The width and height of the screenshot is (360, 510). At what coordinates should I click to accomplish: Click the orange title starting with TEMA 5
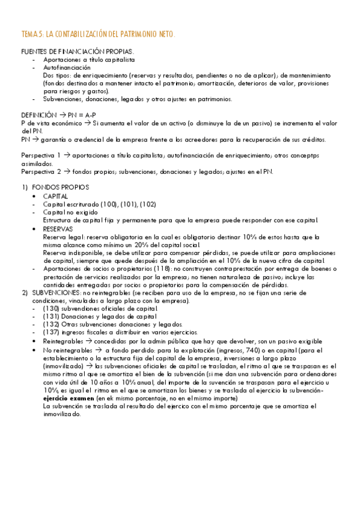click(x=98, y=35)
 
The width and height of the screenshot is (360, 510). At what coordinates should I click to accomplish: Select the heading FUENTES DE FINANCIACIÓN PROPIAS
click(x=78, y=52)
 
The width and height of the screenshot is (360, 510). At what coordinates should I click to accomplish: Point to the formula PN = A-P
click(x=89, y=114)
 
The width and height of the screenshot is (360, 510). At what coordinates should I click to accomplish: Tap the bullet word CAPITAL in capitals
click(x=55, y=196)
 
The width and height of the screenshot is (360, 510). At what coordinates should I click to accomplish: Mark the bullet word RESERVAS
click(x=58, y=229)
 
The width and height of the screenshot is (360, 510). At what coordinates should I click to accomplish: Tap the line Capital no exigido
click(x=69, y=212)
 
